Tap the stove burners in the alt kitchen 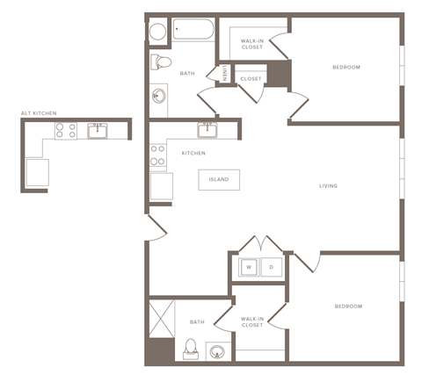(x=66, y=132)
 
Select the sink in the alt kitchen (x=97, y=132)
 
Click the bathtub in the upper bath (x=193, y=32)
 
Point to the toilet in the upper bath (x=161, y=61)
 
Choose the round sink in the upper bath (x=159, y=96)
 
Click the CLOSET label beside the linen (x=251, y=79)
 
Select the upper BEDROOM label (x=346, y=68)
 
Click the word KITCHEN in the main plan (x=193, y=154)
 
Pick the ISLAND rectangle (x=219, y=180)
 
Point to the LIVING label (x=329, y=186)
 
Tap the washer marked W (x=248, y=266)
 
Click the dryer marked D (x=271, y=266)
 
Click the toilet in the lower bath (x=190, y=350)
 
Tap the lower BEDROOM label (x=348, y=306)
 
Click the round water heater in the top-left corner (x=158, y=32)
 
